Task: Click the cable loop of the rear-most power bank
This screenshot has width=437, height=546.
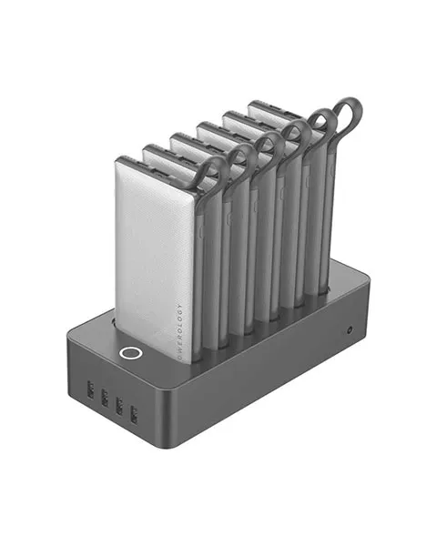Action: point(348,113)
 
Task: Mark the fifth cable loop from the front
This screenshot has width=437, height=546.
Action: point(320,123)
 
